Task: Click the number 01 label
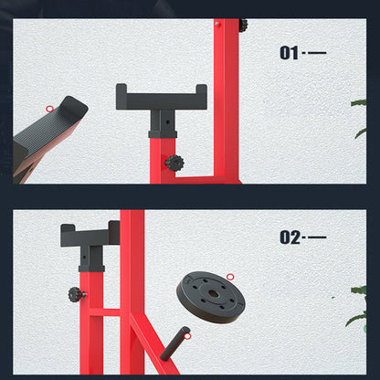tap(289, 53)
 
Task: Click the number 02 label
tap(290, 238)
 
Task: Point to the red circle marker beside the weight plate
tap(230, 275)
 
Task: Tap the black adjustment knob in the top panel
tap(174, 164)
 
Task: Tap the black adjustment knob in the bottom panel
tap(77, 295)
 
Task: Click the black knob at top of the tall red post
tap(243, 26)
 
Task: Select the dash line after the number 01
tap(317, 53)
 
